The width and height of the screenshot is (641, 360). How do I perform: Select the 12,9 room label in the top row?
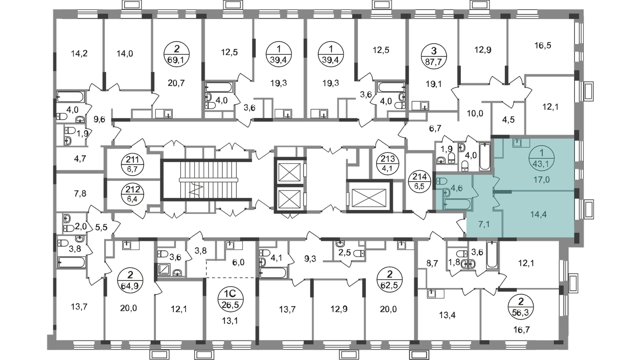pyautogui.click(x=481, y=50)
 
